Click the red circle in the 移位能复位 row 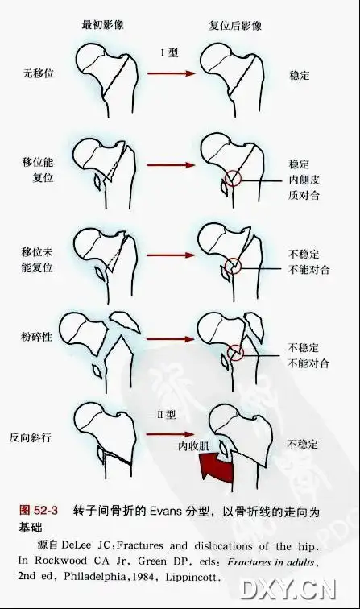[233, 178]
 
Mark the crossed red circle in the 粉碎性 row [235, 352]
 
